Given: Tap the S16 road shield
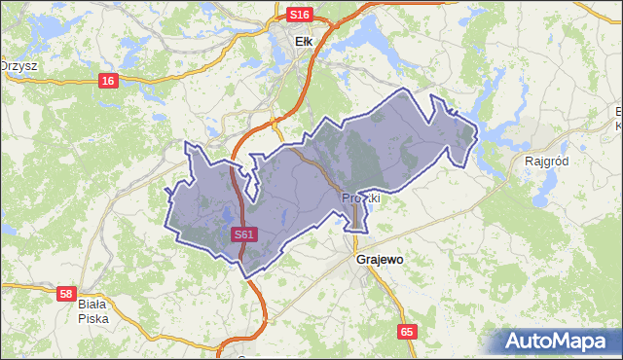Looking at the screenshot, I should (x=300, y=15).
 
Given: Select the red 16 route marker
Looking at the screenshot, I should (x=107, y=80).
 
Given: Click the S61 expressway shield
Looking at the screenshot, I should (x=245, y=234).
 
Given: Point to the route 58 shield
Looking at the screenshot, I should (x=66, y=293).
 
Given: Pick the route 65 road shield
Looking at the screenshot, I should (x=407, y=332).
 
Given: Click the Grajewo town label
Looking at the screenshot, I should (x=380, y=261).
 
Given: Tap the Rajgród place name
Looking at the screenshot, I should (x=545, y=161).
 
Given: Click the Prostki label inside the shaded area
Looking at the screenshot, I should (x=359, y=198).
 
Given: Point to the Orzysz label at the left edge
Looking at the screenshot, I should (x=18, y=65).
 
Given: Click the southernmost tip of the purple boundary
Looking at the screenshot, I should (x=250, y=276).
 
